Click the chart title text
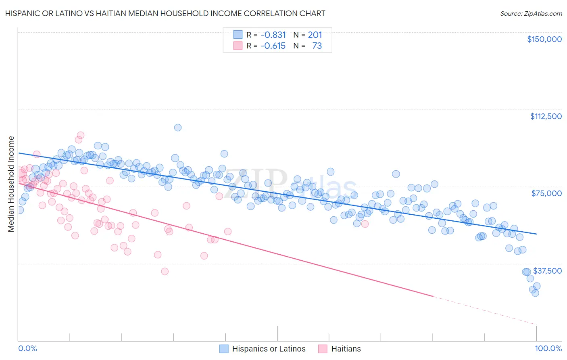[166, 13]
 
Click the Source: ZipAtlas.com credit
[531, 13]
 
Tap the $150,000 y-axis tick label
[544, 39]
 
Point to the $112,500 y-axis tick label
[546, 116]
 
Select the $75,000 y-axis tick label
[546, 193]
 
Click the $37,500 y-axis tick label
[547, 271]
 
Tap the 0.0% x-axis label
[27, 348]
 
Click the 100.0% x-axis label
[548, 348]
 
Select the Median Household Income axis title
[11, 184]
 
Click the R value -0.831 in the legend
[273, 35]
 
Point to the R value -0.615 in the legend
[273, 46]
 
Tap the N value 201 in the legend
[315, 35]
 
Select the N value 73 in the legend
[317, 46]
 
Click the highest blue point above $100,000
[177, 128]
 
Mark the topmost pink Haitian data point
[81, 135]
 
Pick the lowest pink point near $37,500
[165, 272]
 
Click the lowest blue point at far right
[535, 293]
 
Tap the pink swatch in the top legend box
[238, 46]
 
